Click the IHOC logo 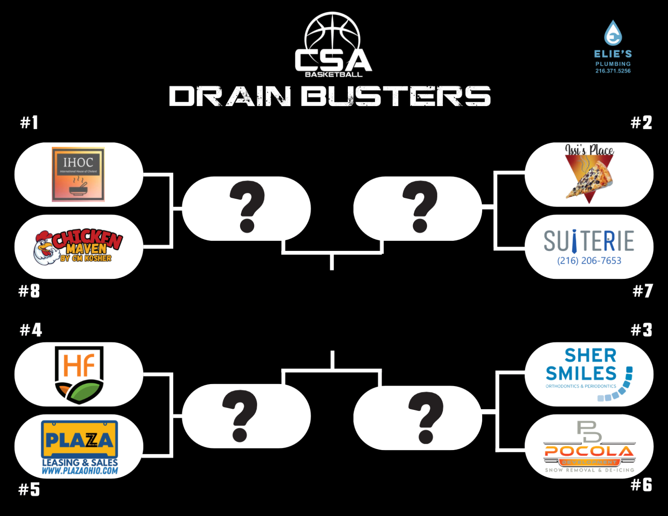point(78,174)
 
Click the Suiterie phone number point(589,261)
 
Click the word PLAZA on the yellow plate point(79,440)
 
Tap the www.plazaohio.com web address point(80,471)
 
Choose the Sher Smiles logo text point(582,365)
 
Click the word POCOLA point(589,451)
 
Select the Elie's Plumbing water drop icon point(613,33)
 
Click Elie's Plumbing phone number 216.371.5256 point(613,71)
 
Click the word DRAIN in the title point(230,96)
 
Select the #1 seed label point(29,122)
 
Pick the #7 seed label point(643,291)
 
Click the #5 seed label point(29,489)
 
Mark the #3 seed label point(641,330)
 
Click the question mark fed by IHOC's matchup point(247,207)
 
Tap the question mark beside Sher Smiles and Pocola point(425,417)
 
